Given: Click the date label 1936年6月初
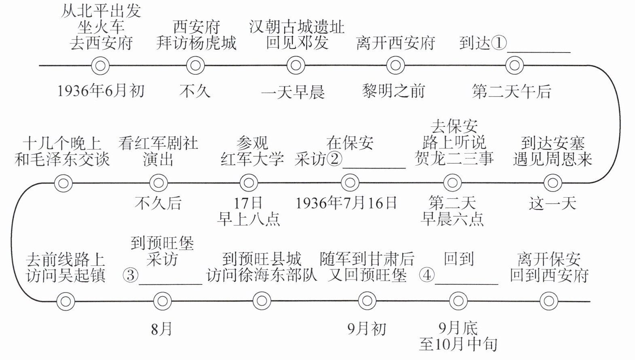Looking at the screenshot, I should click(101, 91).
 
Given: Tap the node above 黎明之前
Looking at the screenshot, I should click(395, 65).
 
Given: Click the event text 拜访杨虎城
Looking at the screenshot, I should click(196, 43).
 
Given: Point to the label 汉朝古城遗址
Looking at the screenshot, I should click(297, 27).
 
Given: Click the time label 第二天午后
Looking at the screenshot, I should click(511, 92).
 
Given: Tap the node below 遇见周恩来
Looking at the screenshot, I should click(552, 183).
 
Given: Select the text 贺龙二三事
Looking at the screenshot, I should click(454, 159).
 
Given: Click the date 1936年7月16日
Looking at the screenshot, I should click(346, 203).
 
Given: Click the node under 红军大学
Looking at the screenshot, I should click(248, 183).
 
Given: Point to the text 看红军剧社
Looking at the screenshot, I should click(158, 143).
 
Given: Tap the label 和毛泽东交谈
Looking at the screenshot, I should click(62, 159).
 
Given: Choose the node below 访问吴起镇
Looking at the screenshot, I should click(65, 301).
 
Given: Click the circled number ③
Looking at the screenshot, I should click(130, 276).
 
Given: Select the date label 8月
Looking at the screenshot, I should click(162, 329).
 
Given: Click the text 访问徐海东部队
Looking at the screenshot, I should click(262, 276).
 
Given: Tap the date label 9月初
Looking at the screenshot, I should click(367, 329).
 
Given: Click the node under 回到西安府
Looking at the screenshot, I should click(549, 301).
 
